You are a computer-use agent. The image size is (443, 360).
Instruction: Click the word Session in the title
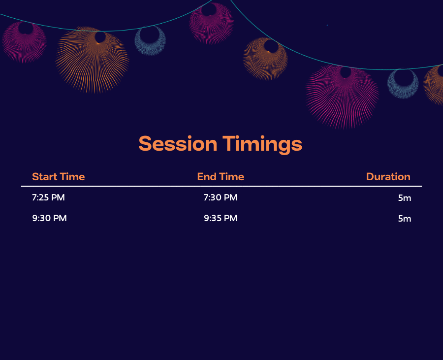coord(178,144)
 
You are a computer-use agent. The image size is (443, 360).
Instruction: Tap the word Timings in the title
coord(262,145)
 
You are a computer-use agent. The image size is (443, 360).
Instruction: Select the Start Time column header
coord(59,177)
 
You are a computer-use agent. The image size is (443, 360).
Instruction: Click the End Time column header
coord(221,177)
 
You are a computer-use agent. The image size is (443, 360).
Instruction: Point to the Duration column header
coord(388,177)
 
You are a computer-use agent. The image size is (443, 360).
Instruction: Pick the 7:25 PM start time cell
coord(48,197)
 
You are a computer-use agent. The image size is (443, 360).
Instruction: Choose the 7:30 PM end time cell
coord(221,197)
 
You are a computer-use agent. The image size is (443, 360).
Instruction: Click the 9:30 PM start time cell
coord(49,218)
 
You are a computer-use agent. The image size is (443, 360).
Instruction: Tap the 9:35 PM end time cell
coord(221,218)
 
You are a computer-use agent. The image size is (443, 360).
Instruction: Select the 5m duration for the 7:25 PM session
coord(405,198)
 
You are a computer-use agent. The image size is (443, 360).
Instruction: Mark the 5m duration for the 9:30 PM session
coord(405,219)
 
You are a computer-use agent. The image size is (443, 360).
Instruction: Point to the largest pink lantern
coord(342,97)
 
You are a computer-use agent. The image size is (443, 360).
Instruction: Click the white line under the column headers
coord(221,186)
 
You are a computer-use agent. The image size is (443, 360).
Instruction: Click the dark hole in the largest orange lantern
coord(100,37)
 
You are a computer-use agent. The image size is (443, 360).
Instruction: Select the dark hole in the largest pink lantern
coord(346,72)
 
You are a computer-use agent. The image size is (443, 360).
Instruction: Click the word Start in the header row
coord(45,177)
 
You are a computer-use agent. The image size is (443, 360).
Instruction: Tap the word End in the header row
coord(206,177)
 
